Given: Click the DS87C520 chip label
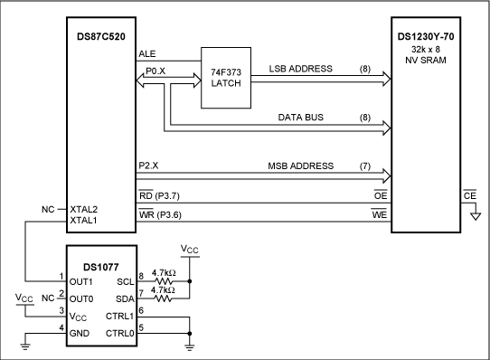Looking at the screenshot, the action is point(101,36).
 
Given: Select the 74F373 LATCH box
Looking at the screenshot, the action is point(226,78).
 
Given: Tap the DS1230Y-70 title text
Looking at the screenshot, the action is point(426,36).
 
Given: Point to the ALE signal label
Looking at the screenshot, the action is point(147,53).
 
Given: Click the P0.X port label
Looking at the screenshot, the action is point(155,71).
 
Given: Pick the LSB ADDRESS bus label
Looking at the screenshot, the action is point(301,69).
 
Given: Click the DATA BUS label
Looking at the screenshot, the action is point(301,118).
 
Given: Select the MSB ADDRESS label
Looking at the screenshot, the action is point(301,166).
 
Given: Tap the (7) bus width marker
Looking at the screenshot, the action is point(365,166).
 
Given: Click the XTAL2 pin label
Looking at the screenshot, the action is point(84,209).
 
